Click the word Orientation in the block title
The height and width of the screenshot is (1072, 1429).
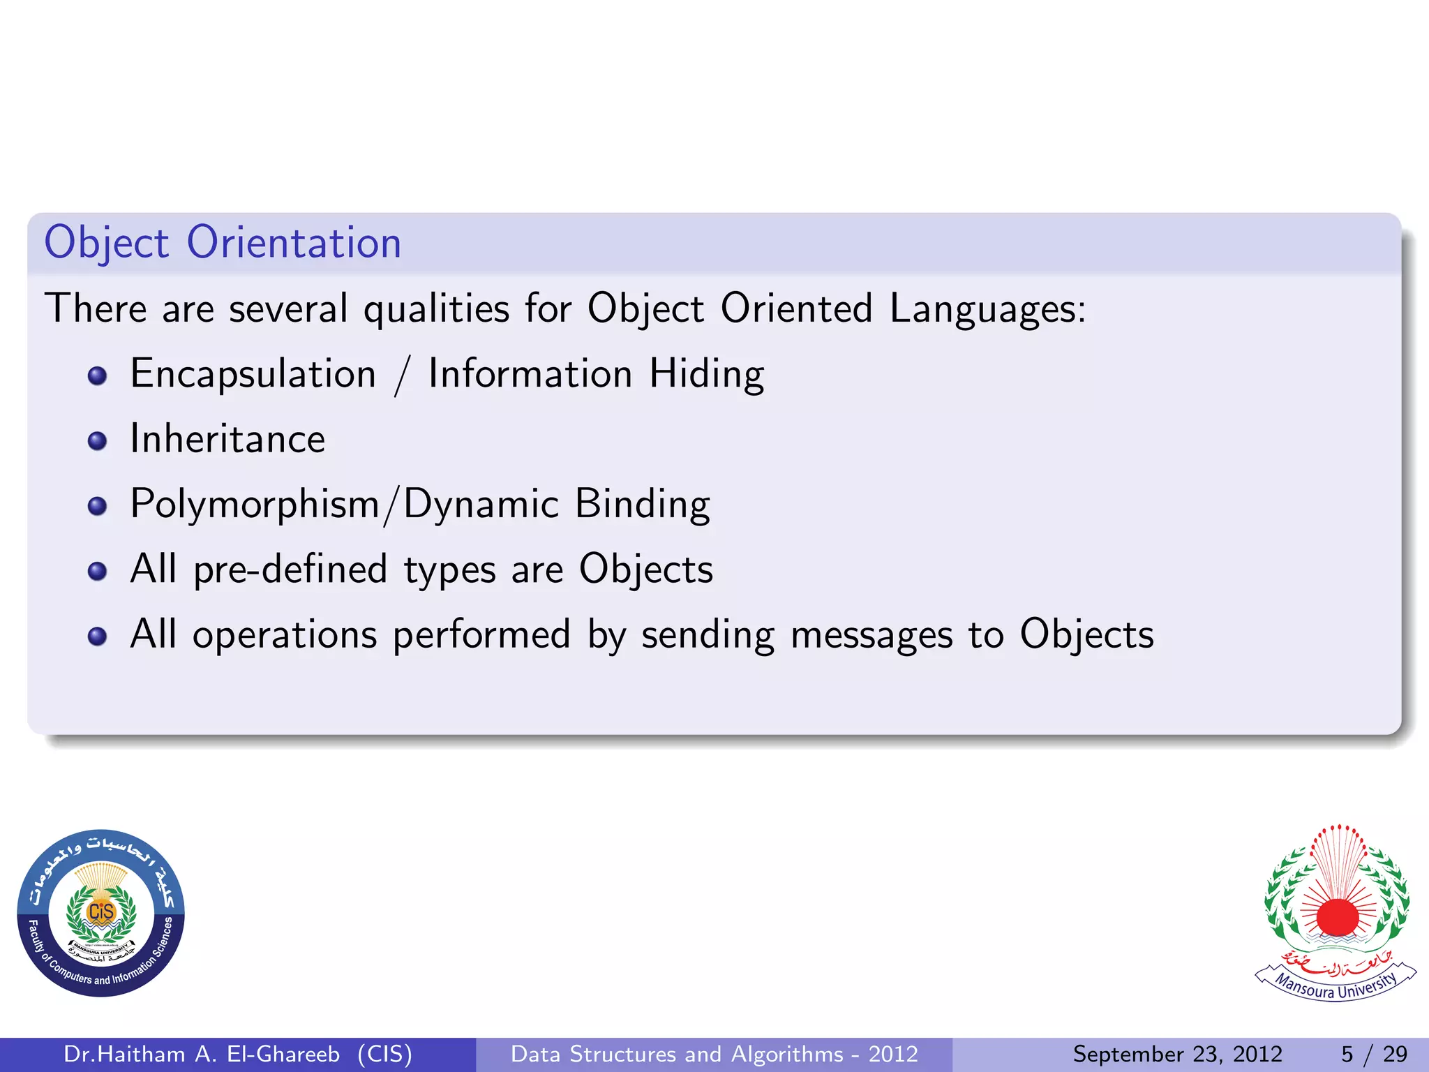coord(294,243)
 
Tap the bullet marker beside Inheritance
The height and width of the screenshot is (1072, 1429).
coord(98,440)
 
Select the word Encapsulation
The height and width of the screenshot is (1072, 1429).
coord(253,374)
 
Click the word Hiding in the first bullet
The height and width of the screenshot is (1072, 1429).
coord(706,374)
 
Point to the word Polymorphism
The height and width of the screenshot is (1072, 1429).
coord(255,505)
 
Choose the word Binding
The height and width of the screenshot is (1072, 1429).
coord(643,505)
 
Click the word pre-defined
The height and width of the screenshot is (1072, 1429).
coord(290,569)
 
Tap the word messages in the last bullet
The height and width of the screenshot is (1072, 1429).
coord(871,635)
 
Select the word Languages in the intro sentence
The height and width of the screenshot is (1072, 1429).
coord(987,309)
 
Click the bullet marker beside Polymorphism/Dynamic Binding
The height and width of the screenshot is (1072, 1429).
coord(98,505)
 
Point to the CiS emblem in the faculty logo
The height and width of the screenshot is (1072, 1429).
coord(101,911)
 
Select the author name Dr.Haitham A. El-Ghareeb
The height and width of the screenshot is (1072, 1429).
coord(202,1054)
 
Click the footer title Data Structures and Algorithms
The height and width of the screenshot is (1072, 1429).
coord(677,1054)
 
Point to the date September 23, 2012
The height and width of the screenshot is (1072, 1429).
coord(1177,1054)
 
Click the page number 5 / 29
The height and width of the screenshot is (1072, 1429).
coord(1373,1054)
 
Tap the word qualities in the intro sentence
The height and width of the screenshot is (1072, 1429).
coord(437,309)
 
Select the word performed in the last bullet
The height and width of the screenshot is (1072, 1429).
coord(481,635)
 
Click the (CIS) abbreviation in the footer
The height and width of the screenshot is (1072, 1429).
coord(384,1054)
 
